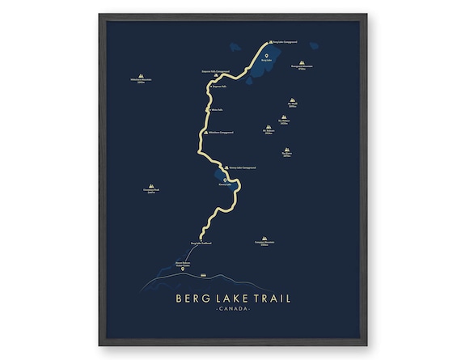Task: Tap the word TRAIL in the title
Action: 270,299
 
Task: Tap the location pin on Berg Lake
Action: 266,55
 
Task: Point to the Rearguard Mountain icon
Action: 301,62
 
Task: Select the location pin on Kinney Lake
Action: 226,180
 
